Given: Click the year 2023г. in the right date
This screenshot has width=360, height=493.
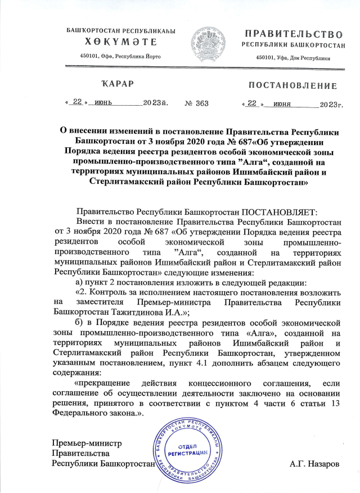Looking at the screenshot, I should point(331,104).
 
